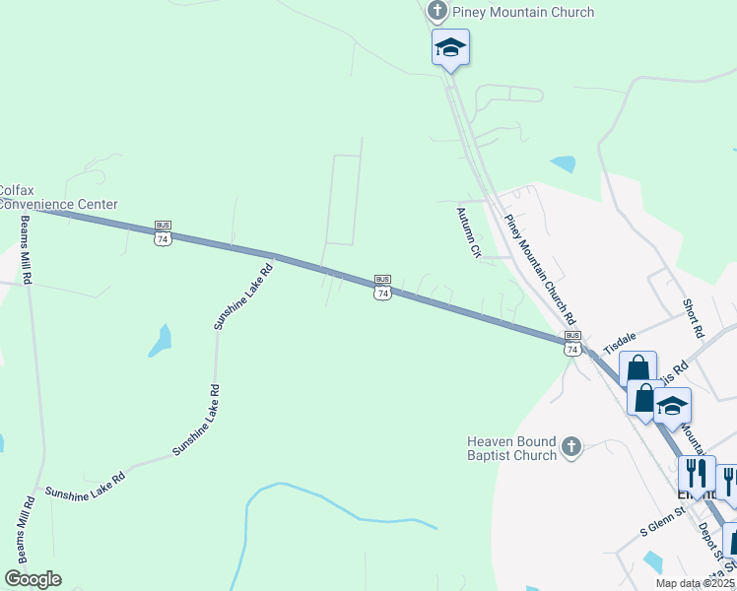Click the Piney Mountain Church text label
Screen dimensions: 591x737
(522, 13)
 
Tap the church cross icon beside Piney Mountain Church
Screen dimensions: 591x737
(437, 13)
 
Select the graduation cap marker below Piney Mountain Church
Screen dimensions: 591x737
(450, 46)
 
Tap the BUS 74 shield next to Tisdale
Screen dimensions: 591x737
(572, 343)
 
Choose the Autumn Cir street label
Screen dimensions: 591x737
(467, 231)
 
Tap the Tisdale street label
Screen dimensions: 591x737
(621, 341)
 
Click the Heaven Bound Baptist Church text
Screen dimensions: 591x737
(512, 449)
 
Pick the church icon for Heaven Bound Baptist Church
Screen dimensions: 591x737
(570, 449)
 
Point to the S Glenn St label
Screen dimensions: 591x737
(661, 520)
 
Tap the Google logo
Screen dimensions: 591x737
(33, 579)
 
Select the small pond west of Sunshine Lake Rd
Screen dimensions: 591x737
(160, 341)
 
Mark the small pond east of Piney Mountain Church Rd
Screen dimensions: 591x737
(564, 164)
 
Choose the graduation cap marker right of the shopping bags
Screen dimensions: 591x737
(672, 405)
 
